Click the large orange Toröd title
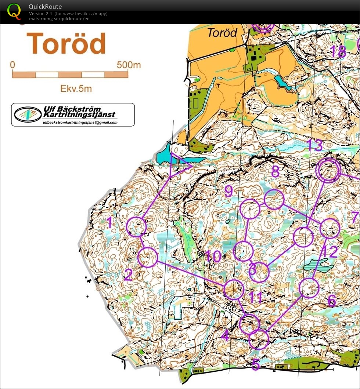tap(66, 44)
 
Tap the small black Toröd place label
tap(222, 32)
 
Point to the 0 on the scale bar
tap(13, 65)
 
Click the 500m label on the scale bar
tap(129, 65)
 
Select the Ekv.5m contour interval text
tap(76, 88)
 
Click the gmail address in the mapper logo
tap(80, 123)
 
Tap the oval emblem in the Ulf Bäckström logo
tap(28, 114)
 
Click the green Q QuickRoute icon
tap(14, 11)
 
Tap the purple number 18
tap(338, 52)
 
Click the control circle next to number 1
tap(136, 226)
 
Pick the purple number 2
tap(128, 275)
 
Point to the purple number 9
tap(228, 191)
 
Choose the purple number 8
tap(276, 171)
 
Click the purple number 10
tap(213, 256)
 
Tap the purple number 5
tap(256, 364)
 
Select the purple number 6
tap(331, 301)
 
